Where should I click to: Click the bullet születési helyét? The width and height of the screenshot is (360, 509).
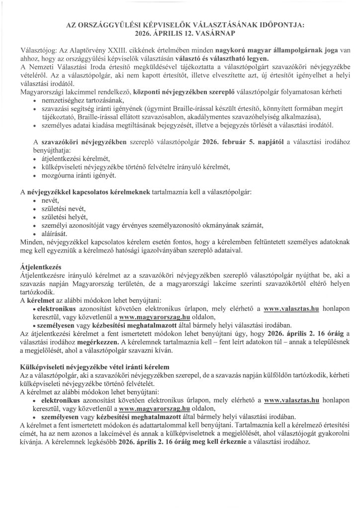(x=65, y=217)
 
